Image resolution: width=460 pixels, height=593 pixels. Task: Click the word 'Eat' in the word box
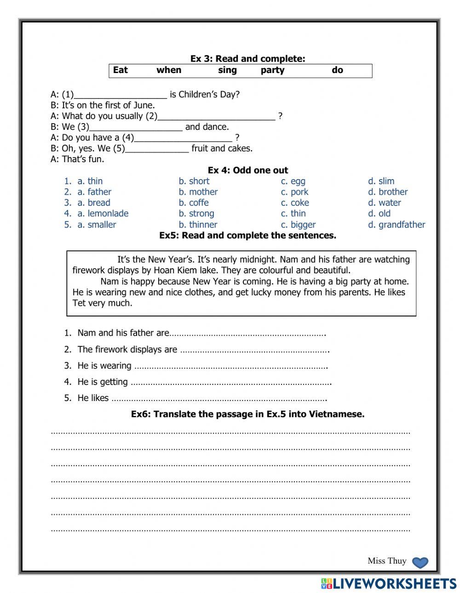click(x=121, y=70)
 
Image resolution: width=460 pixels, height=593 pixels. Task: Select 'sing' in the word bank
click(x=227, y=70)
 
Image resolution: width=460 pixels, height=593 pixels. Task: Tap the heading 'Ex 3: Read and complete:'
click(x=247, y=59)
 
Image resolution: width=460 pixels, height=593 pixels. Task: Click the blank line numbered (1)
click(x=120, y=95)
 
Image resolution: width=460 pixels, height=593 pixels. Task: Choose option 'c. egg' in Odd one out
click(x=293, y=181)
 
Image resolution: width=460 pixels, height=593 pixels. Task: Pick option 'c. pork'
click(x=294, y=192)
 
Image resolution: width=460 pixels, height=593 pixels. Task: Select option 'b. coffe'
click(x=194, y=203)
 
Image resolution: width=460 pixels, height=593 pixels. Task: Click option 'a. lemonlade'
click(x=103, y=214)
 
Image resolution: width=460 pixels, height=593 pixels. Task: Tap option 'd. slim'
click(x=381, y=181)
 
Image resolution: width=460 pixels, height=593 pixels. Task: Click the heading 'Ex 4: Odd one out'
click(x=247, y=170)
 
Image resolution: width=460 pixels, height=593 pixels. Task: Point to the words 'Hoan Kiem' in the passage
click(x=174, y=271)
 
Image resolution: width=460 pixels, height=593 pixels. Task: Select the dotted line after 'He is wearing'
click(x=230, y=367)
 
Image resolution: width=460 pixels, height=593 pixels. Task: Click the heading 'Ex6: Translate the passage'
click(x=247, y=414)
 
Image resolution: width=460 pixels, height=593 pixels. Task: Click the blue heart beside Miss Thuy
click(x=420, y=563)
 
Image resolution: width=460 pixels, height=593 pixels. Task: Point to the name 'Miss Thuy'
click(x=387, y=561)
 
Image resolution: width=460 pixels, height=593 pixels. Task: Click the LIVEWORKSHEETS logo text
click(x=394, y=584)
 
